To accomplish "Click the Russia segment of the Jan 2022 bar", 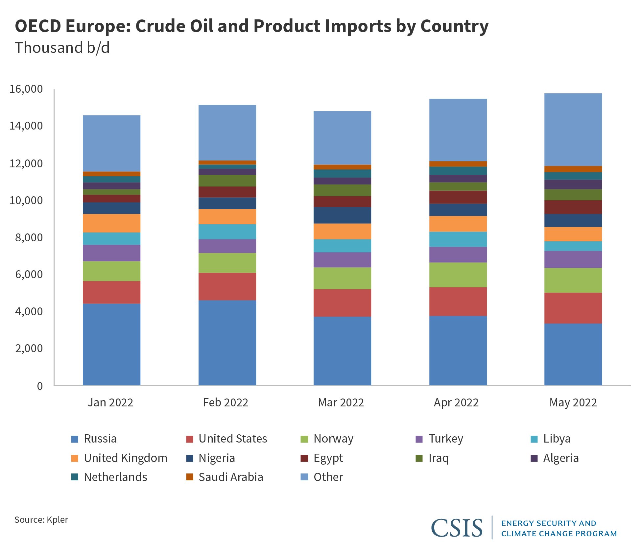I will coord(111,344).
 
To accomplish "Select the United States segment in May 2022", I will coord(573,308).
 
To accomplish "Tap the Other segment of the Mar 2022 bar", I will coord(342,138).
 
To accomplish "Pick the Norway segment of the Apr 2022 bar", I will coord(458,275).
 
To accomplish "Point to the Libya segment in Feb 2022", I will coord(227,231).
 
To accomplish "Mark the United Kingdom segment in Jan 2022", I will coord(111,223).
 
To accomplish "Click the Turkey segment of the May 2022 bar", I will coord(573,259).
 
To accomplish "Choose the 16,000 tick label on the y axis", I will coord(26,89).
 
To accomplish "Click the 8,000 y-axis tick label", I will coord(29,237).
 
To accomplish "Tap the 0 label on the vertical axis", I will coord(40,386).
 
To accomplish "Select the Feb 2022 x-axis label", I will coord(226,402).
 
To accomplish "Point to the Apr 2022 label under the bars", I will coord(456,402).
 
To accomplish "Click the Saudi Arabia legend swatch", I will coord(190,477).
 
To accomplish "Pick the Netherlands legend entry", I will coord(115,477).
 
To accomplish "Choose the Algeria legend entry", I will coord(561,458).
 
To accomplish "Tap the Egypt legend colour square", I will coord(304,458).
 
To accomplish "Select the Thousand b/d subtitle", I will coord(62,48).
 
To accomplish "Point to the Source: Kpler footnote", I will coord(41,520).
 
